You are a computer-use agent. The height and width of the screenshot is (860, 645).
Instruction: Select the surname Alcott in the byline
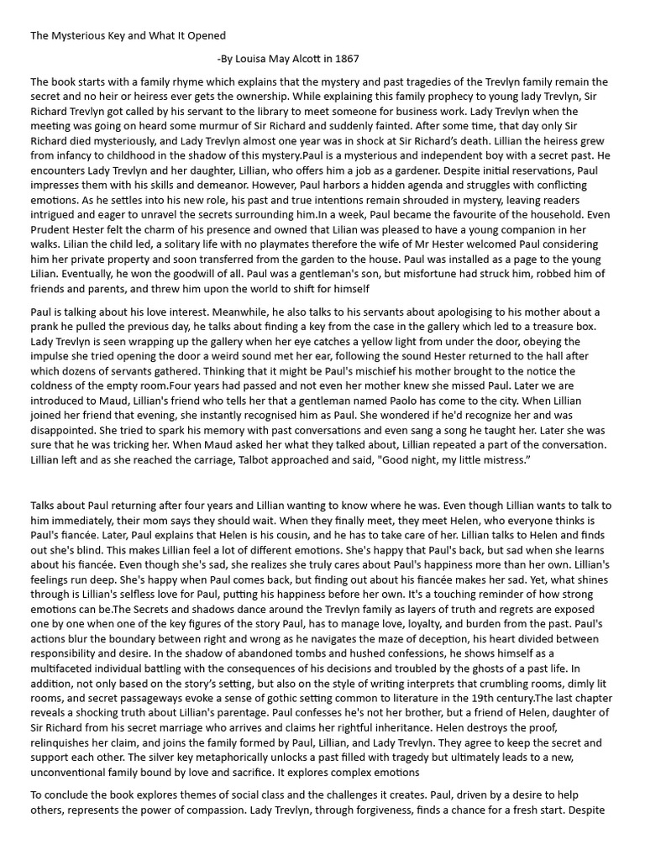tap(311, 59)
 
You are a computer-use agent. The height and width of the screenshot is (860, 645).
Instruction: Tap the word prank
tap(46, 327)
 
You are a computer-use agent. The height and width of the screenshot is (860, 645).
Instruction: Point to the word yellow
tap(401, 341)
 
